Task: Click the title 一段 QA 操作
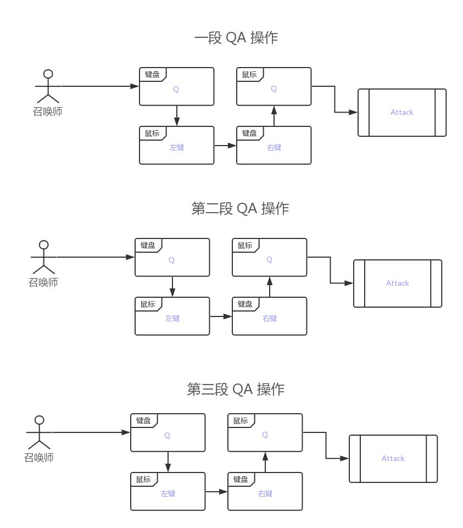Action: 237,38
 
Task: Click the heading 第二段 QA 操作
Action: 240,209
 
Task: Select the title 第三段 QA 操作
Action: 236,389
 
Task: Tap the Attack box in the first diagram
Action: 401,112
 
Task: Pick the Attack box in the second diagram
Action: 397,283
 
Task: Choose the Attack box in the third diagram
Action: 393,458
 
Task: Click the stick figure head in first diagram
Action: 48,74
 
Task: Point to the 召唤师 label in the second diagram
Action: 43,282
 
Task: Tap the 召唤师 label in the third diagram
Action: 39,457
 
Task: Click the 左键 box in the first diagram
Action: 176,147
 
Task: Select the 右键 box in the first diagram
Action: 274,147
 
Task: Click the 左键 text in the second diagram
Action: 172,318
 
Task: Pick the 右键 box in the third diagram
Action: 265,493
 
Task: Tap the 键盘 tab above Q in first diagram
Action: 152,74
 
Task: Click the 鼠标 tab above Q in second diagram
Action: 245,245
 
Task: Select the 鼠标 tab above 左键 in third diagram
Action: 143,480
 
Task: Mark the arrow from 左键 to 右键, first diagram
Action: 225,146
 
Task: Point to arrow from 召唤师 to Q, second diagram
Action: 96,257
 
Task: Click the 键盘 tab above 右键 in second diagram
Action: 245,304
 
